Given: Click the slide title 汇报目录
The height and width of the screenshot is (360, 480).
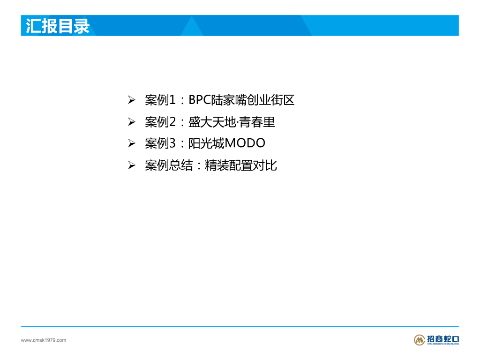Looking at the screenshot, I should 58,26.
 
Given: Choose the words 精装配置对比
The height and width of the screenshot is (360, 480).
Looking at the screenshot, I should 241,165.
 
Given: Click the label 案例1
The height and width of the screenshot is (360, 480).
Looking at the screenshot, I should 160,100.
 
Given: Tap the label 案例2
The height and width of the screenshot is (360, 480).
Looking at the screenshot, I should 160,122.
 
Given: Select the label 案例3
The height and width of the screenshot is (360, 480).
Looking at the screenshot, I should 160,143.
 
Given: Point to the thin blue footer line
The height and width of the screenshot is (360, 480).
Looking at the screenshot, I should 240,326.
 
